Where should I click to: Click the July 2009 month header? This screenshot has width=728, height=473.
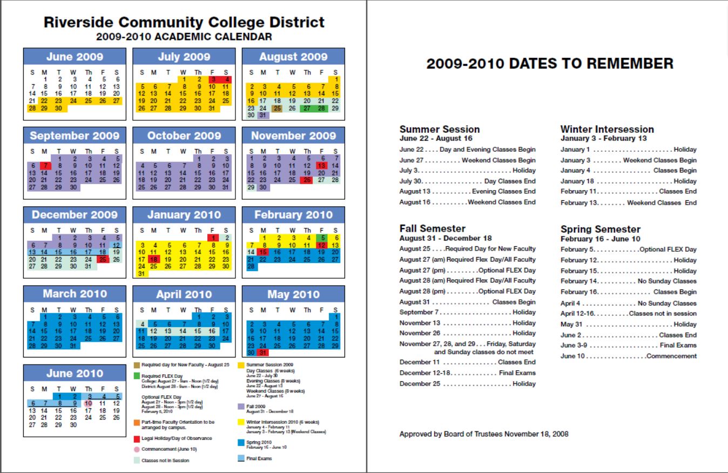tap(184, 57)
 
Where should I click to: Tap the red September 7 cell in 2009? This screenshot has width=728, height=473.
tap(46, 165)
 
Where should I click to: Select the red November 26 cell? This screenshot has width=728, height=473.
tap(307, 180)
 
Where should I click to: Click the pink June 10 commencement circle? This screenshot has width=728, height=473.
tap(87, 403)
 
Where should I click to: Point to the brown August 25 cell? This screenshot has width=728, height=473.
tap(278, 108)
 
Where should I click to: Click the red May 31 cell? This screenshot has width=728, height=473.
tap(263, 353)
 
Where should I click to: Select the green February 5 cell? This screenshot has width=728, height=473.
tap(322, 238)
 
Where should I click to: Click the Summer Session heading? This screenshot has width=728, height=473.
tap(439, 130)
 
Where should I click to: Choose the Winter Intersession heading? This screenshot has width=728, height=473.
tap(607, 130)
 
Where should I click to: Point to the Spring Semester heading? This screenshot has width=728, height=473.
tap(600, 229)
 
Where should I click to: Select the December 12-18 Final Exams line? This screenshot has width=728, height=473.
tap(467, 373)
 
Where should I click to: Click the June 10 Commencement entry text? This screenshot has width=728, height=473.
tap(628, 356)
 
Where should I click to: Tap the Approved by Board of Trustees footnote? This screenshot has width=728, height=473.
tap(483, 434)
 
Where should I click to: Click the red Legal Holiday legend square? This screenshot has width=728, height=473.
tap(137, 438)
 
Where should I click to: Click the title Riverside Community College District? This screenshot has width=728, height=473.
tap(184, 23)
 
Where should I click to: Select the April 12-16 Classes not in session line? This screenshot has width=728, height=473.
tap(628, 314)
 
